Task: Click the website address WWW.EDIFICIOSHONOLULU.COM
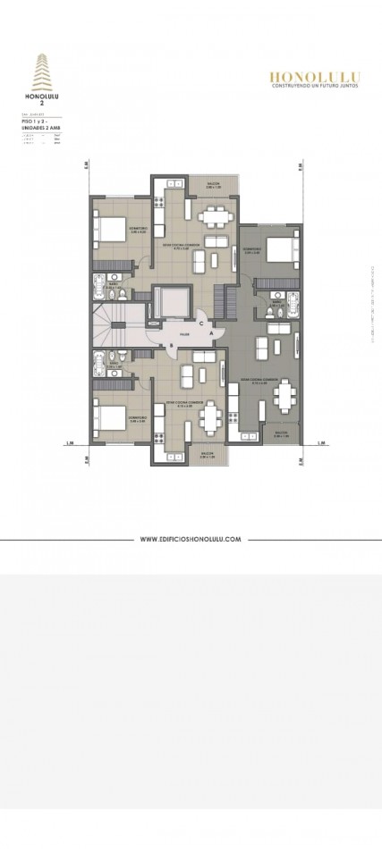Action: coord(191,539)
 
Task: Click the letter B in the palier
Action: coord(160,346)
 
